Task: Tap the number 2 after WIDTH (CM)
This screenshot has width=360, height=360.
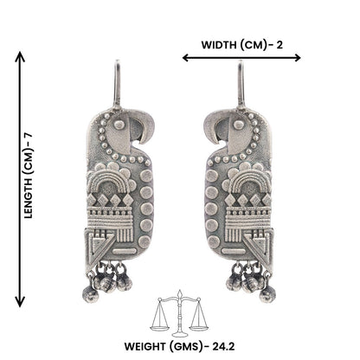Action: pyautogui.click(x=280, y=45)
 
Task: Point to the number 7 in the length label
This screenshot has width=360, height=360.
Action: pyautogui.click(x=29, y=137)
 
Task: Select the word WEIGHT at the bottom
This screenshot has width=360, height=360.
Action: pyautogui.click(x=146, y=346)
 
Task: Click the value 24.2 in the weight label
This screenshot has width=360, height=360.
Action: pyautogui.click(x=223, y=346)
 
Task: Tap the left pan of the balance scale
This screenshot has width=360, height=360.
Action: pyautogui.click(x=159, y=328)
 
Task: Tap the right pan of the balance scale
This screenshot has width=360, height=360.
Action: pyautogui.click(x=199, y=327)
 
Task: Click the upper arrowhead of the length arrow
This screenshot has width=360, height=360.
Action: pyautogui.click(x=20, y=56)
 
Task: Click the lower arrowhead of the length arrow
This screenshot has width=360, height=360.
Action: pyautogui.click(x=20, y=302)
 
